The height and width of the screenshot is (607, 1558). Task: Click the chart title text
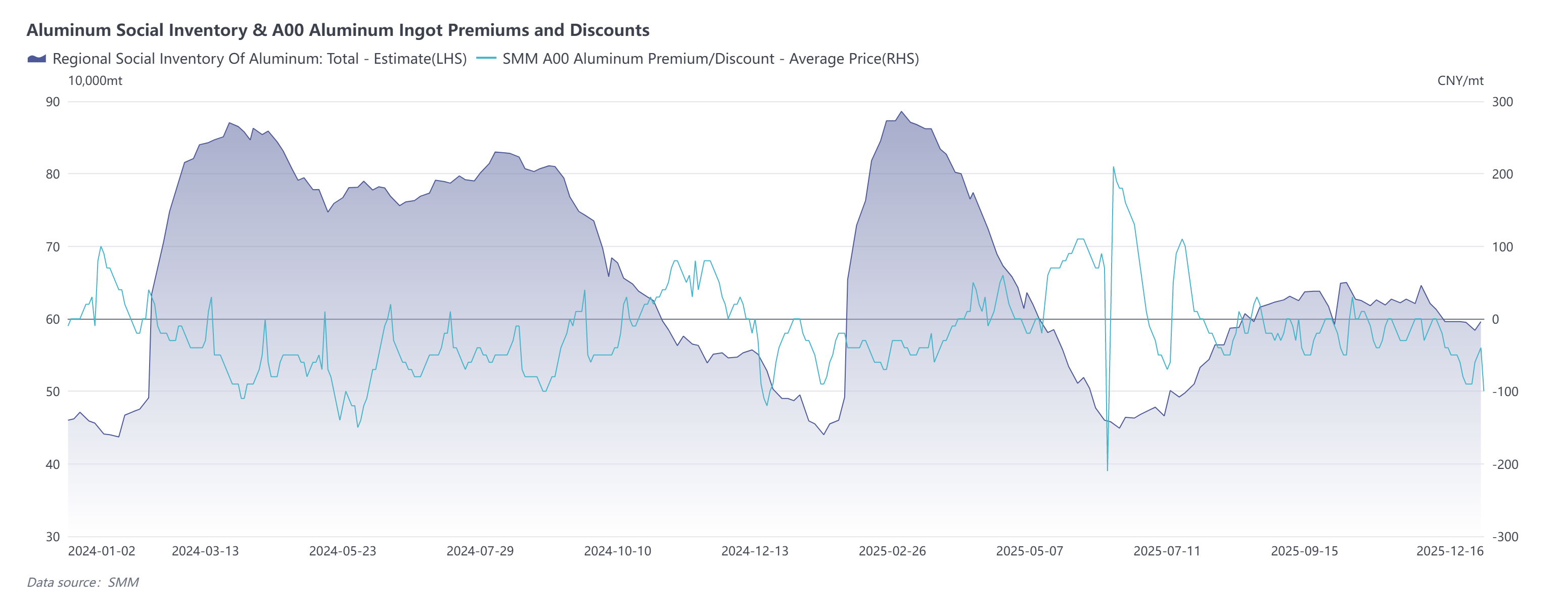(338, 30)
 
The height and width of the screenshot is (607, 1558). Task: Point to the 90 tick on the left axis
(53, 102)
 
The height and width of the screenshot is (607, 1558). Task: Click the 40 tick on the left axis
(53, 464)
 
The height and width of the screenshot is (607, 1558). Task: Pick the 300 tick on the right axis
(1502, 102)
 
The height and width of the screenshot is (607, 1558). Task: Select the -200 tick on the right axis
(1504, 464)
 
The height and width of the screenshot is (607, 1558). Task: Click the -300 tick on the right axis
(1504, 537)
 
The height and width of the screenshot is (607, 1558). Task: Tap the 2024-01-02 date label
(102, 551)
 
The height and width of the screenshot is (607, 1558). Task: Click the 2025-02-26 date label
(892, 551)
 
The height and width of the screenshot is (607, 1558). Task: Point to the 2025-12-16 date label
(1449, 551)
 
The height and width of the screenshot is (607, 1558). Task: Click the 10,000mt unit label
(95, 80)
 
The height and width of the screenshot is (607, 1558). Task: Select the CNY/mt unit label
(1460, 80)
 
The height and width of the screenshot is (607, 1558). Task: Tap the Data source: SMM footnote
(83, 582)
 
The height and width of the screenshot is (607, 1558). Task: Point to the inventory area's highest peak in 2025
(901, 111)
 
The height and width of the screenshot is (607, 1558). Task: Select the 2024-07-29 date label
(480, 551)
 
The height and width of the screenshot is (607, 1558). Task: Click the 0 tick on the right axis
(1495, 319)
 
